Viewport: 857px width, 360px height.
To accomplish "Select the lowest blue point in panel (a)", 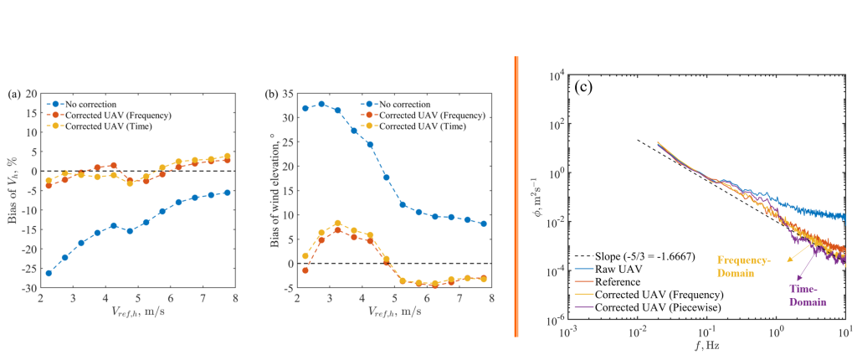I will click(x=49, y=273).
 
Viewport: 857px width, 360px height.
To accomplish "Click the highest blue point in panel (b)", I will click(x=321, y=104).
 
